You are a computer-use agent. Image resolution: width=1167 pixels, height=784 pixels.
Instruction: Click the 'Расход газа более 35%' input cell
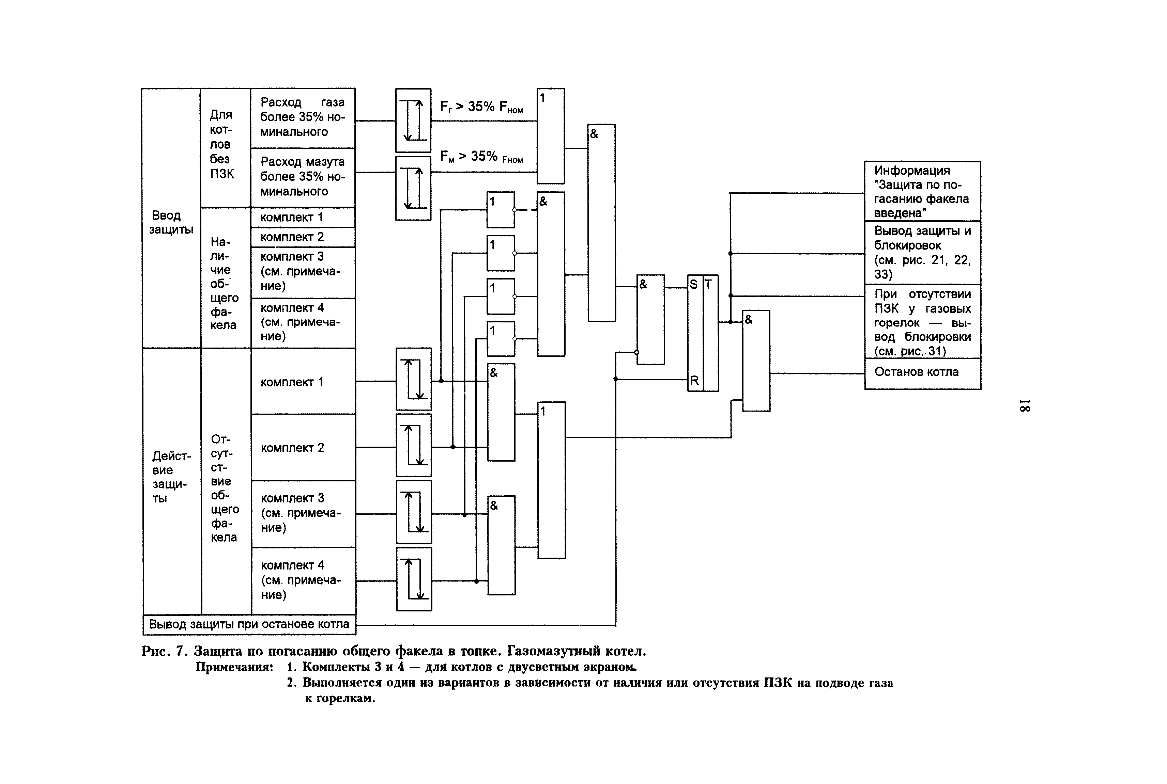click(x=302, y=117)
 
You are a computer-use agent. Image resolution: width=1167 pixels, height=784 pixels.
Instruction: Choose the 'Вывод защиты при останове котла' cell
click(x=249, y=624)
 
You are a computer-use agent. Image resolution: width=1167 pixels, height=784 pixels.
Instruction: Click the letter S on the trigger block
click(x=694, y=285)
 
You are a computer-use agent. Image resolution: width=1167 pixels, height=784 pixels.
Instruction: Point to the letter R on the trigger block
click(x=694, y=381)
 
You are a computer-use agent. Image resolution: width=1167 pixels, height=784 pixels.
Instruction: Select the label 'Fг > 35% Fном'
click(x=481, y=107)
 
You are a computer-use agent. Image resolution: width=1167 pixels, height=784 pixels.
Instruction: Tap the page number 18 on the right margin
click(x=1024, y=405)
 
